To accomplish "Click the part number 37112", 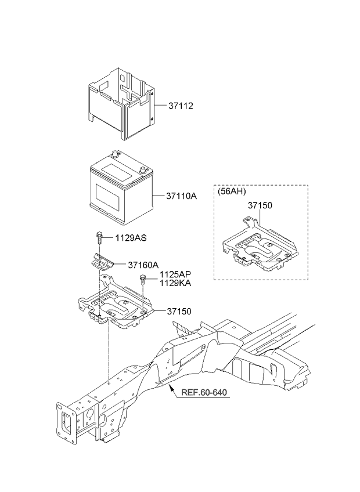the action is tap(181, 106).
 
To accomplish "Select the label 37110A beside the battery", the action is tap(181, 196).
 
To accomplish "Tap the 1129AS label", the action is tap(131, 238).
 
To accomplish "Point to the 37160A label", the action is tap(143, 265).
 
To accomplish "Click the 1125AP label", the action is tap(175, 275).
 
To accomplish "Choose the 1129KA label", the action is tap(175, 283).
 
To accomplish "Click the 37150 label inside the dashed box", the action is tap(260, 205).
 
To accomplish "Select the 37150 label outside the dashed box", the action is tap(179, 311).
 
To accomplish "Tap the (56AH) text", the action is tap(232, 191).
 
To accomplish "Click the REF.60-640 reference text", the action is tap(204, 393).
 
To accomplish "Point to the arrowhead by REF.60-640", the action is tap(171, 389).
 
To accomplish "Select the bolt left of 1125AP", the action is tap(143, 279).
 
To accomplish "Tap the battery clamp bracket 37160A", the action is tap(100, 261).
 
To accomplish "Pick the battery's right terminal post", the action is tap(142, 171).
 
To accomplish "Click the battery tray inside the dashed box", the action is tap(260, 244).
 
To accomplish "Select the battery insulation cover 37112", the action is tap(121, 103).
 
